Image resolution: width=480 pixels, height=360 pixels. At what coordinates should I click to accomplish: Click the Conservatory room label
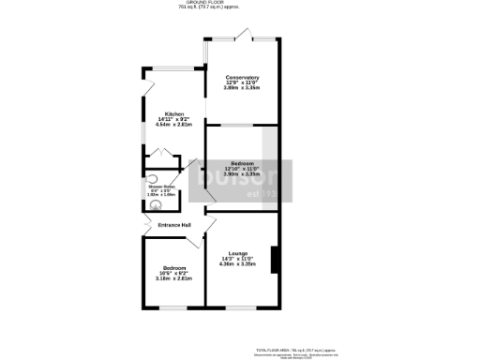coord(242,77)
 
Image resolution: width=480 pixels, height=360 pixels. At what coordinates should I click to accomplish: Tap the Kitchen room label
coord(174,113)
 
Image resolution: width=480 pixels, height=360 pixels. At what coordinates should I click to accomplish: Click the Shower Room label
coord(161,187)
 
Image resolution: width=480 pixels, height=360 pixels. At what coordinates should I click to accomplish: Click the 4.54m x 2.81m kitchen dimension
coord(174,125)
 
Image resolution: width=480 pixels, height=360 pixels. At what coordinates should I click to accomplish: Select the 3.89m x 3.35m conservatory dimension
coord(242,87)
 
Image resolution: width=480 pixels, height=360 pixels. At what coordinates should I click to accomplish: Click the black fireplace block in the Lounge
coord(273,259)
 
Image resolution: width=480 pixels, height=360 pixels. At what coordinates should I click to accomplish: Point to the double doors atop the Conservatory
coord(243,37)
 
